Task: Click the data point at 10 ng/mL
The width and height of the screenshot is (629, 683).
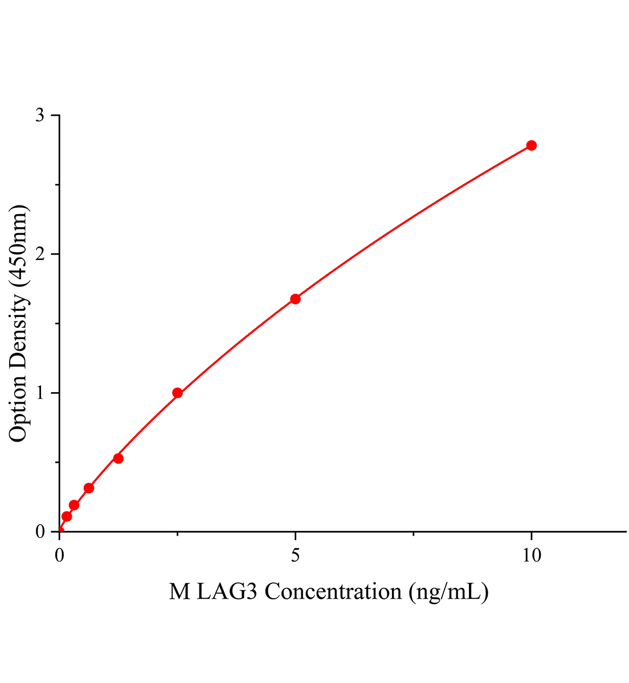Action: click(x=531, y=145)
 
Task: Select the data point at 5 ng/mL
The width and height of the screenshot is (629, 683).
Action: click(x=295, y=299)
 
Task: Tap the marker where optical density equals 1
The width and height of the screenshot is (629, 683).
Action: click(x=177, y=393)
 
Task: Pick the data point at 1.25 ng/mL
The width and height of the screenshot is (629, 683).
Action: click(x=119, y=458)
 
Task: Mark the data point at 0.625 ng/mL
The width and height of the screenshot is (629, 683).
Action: click(x=89, y=488)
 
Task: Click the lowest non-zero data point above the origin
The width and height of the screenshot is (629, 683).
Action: click(x=67, y=516)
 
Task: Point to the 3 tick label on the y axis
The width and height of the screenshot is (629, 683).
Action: click(x=40, y=116)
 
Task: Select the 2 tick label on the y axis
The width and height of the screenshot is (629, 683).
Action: click(x=40, y=254)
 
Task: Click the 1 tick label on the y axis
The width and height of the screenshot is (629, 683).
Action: click(x=40, y=393)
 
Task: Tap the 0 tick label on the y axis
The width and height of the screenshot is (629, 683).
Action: click(x=40, y=531)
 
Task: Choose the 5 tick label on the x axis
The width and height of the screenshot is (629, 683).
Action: click(x=295, y=555)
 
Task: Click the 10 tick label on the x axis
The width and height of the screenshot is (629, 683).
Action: click(x=531, y=555)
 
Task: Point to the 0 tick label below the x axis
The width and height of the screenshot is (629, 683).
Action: click(x=60, y=555)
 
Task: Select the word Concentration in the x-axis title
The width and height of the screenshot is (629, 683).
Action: click(x=333, y=592)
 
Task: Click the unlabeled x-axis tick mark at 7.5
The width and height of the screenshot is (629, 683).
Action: click(x=413, y=534)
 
